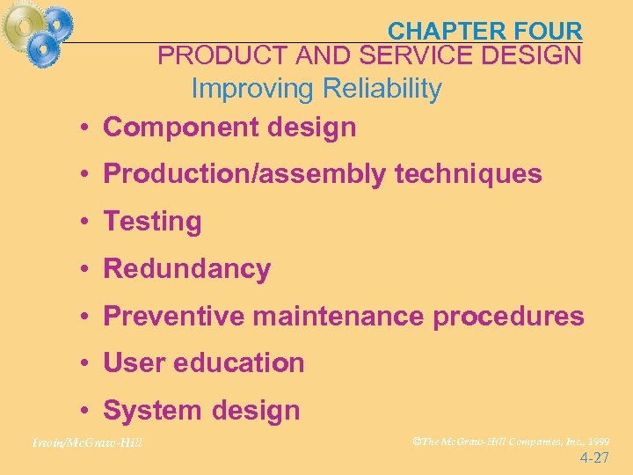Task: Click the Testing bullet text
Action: tap(152, 222)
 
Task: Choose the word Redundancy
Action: tap(186, 269)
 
